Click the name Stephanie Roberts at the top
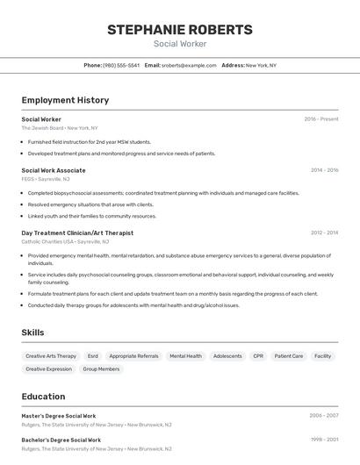click(x=180, y=30)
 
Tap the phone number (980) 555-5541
click(x=121, y=65)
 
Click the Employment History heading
click(x=65, y=100)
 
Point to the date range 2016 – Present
click(x=321, y=118)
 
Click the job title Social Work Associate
click(x=54, y=170)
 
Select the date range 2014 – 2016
click(x=324, y=170)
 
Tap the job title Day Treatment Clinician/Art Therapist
click(x=77, y=232)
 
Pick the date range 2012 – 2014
click(x=324, y=232)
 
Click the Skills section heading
click(x=32, y=333)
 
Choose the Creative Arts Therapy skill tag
click(x=51, y=356)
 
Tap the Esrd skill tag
click(x=93, y=356)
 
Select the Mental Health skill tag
click(x=185, y=356)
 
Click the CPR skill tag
click(x=258, y=356)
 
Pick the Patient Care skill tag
click(x=289, y=356)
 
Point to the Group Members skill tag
click(x=101, y=369)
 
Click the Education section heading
click(x=43, y=397)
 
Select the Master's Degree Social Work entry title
click(x=59, y=416)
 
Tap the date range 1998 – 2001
click(x=324, y=440)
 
